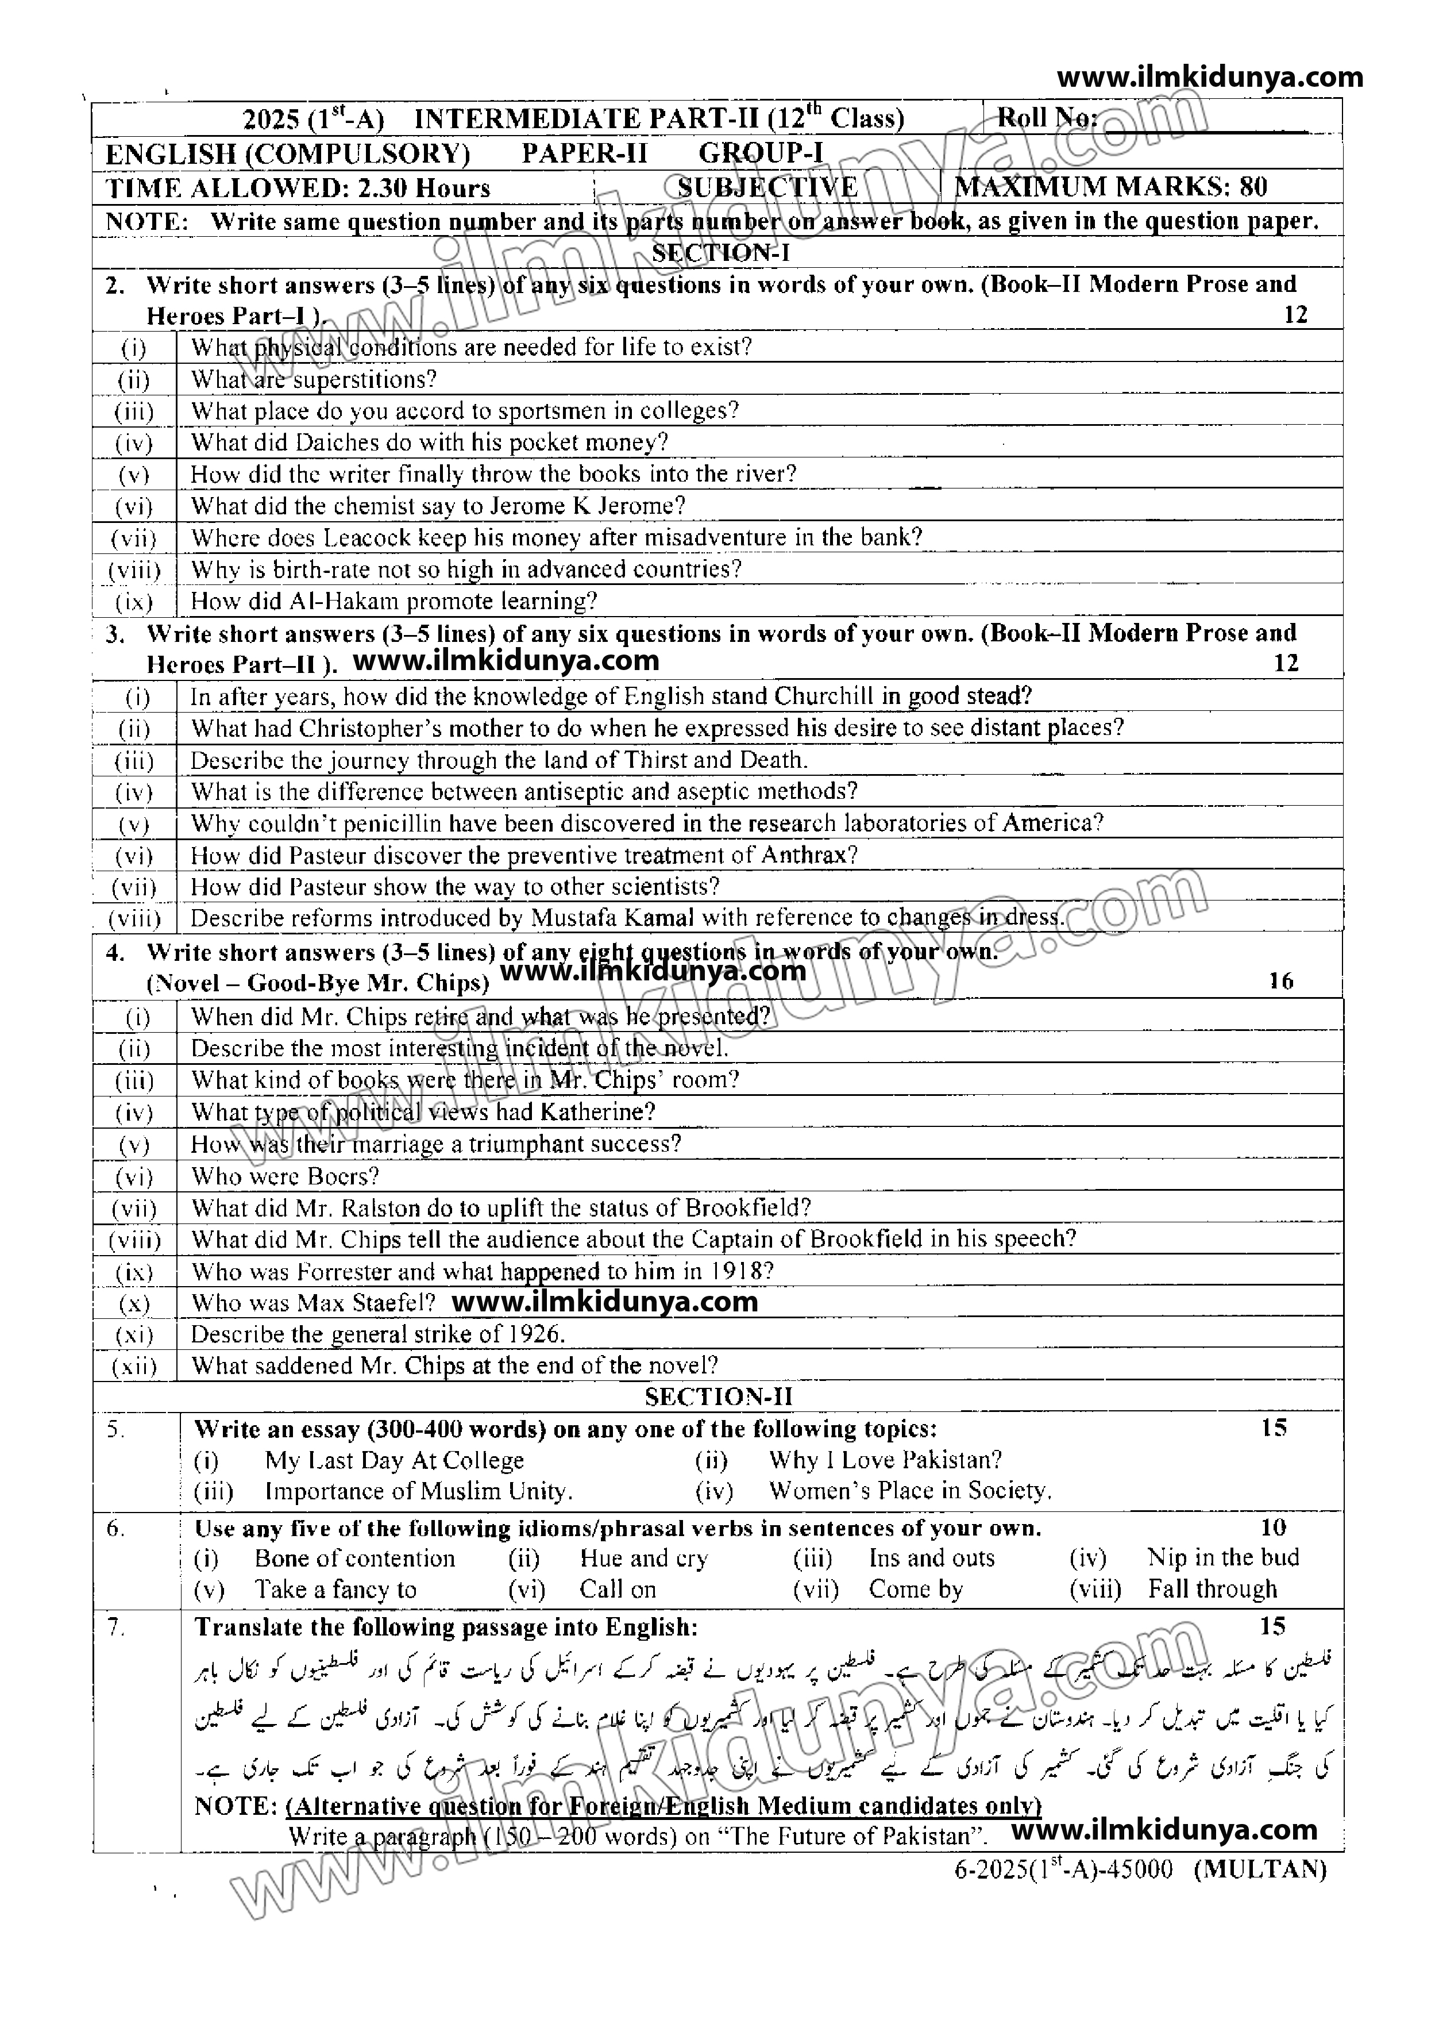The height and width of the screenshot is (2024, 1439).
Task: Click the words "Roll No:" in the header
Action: [x=1047, y=117]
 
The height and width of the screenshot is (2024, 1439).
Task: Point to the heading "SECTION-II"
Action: [x=719, y=1398]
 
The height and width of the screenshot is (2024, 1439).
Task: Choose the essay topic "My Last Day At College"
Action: [x=394, y=1460]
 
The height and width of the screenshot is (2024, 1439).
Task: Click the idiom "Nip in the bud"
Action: [x=1223, y=1558]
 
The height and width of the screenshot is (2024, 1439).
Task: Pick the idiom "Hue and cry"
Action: [x=644, y=1559]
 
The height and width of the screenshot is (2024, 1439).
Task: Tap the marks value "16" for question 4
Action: [x=1280, y=981]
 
